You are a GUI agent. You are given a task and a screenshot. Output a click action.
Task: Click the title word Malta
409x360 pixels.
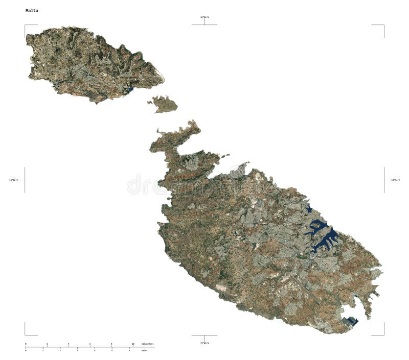click(31, 10)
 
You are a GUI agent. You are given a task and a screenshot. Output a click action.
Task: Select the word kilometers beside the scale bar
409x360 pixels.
click(147, 344)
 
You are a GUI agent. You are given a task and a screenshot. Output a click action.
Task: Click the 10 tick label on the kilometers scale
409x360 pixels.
click(133, 344)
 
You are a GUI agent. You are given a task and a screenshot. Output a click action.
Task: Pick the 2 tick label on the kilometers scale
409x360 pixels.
click(47, 344)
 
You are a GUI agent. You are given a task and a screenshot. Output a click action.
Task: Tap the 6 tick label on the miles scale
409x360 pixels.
click(129, 350)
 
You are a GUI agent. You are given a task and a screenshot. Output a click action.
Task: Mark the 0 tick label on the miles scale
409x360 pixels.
click(26, 350)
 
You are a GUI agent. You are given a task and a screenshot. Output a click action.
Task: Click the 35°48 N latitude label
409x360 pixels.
click(204, 342)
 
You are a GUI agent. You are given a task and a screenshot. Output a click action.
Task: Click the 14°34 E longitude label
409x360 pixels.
click(395, 180)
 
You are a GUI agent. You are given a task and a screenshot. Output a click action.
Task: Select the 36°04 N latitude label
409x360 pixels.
click(204, 17)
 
